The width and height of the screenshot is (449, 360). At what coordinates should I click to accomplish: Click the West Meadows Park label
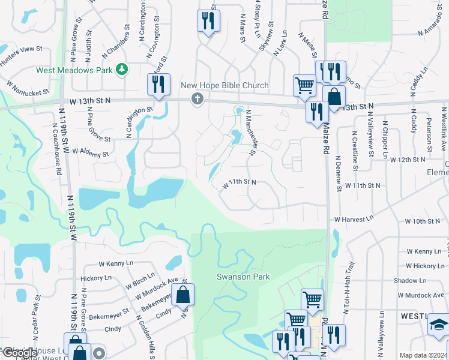pyautogui.click(x=74, y=70)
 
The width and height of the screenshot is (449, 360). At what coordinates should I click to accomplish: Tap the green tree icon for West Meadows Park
pyautogui.click(x=122, y=70)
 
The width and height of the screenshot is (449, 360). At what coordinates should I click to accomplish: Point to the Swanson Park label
pyautogui.click(x=243, y=277)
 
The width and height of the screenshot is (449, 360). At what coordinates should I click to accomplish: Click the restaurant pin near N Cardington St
pyautogui.click(x=158, y=85)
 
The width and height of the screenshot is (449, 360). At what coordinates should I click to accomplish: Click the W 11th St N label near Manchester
pyautogui.click(x=240, y=183)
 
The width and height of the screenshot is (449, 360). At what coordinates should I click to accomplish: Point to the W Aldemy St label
pyautogui.click(x=89, y=153)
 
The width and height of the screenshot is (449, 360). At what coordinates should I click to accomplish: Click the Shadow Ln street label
pyautogui.click(x=410, y=281)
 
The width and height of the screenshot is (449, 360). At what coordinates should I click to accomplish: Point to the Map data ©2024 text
pyautogui.click(x=423, y=355)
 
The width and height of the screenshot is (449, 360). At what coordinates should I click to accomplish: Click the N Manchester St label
pyautogui.click(x=253, y=136)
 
